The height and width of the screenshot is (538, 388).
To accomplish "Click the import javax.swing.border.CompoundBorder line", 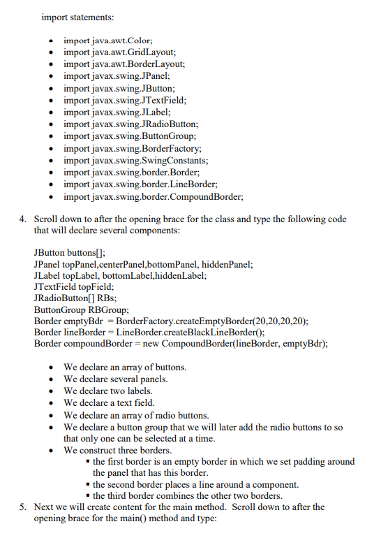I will click(143, 196).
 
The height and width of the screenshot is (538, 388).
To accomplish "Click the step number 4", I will click(22, 219).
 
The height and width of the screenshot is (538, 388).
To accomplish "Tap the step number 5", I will click(22, 507).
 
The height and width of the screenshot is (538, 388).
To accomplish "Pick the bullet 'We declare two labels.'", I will click(107, 391).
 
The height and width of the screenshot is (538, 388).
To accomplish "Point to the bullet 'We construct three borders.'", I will click(117, 450).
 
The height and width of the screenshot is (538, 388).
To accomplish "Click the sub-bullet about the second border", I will click(195, 484).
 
